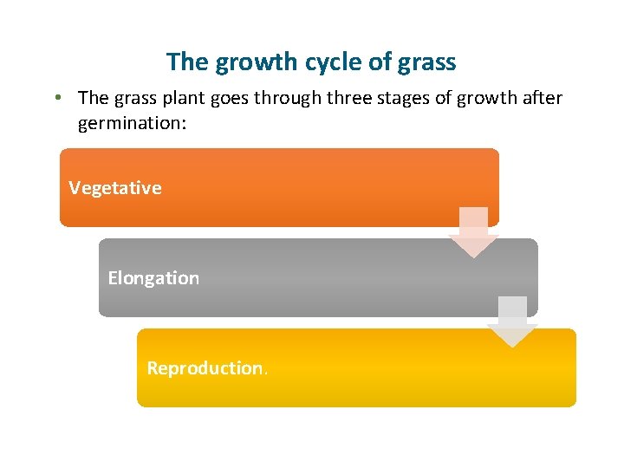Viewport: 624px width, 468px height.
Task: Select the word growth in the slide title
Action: click(247, 63)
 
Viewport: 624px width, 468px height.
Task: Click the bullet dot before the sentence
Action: click(55, 98)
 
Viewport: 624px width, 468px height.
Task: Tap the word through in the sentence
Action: click(288, 99)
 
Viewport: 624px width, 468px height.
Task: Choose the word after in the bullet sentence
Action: click(542, 99)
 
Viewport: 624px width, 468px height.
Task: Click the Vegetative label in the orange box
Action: click(115, 188)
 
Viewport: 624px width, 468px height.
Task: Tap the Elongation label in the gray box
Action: click(153, 278)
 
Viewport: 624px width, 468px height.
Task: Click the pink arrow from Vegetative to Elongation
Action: click(473, 233)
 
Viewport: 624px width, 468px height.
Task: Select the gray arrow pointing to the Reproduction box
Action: click(512, 323)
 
